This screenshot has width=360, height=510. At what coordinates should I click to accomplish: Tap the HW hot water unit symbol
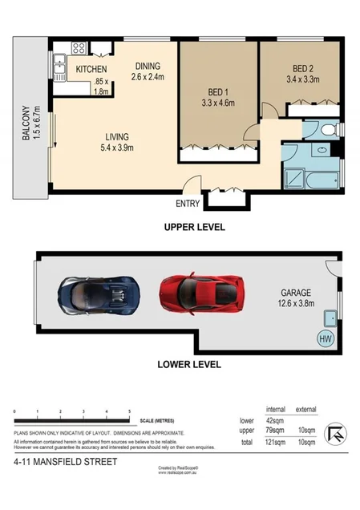click(326, 338)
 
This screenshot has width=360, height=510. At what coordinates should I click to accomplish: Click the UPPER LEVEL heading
click(194, 227)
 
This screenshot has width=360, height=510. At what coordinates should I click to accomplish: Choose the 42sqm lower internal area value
click(277, 419)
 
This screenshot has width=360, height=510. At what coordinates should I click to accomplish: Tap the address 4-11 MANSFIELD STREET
click(65, 462)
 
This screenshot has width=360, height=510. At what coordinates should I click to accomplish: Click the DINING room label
click(147, 67)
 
